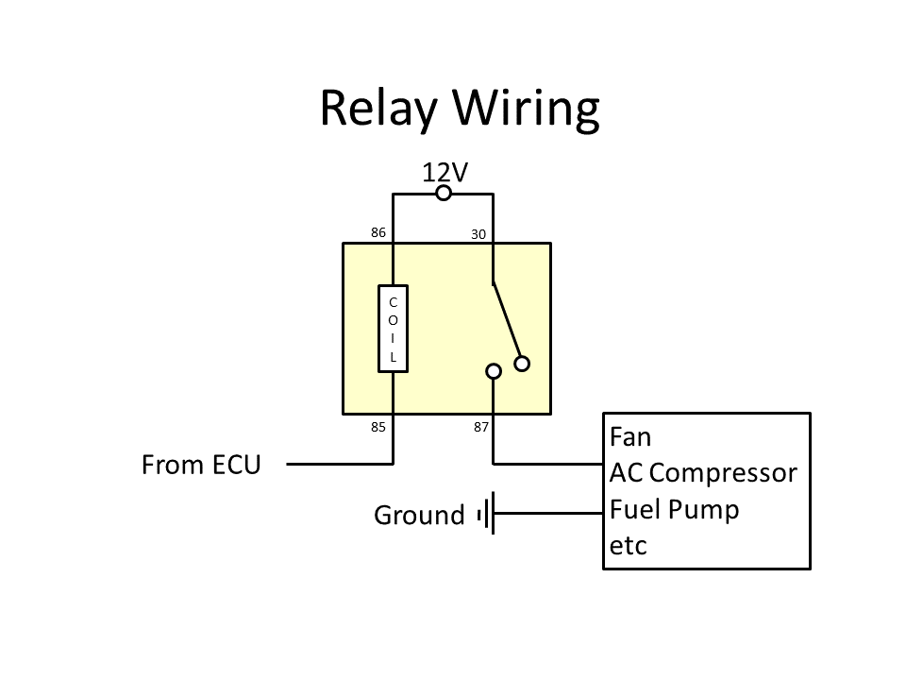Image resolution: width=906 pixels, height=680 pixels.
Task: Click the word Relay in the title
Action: coord(377,109)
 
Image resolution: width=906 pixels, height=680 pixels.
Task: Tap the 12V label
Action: coord(445,172)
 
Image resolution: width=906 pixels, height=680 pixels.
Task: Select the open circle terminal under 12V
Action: coord(443,194)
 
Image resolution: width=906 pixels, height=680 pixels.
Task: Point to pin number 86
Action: coord(378,231)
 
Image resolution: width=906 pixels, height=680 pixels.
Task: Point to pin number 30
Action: coord(478,234)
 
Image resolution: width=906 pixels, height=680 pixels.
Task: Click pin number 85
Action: coord(378,427)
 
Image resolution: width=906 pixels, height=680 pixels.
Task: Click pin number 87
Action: coord(481,427)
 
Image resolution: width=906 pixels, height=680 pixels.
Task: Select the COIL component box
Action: coord(393,328)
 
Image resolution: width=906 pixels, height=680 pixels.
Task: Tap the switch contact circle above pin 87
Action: coord(493,371)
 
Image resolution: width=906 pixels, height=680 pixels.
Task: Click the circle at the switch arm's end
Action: coord(522,364)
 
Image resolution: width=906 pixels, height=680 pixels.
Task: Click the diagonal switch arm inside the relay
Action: coord(507,321)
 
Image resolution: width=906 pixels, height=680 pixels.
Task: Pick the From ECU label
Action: coord(201,465)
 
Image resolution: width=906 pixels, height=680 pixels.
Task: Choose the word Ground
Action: coord(419,516)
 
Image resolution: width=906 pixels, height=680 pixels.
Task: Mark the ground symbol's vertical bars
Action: coord(488,515)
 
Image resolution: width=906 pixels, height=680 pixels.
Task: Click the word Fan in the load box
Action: coord(630,437)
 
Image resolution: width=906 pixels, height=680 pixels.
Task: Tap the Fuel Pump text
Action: coord(674,510)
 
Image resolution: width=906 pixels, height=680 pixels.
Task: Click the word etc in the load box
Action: coord(629,546)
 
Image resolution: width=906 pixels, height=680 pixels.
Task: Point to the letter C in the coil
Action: coord(393,301)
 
